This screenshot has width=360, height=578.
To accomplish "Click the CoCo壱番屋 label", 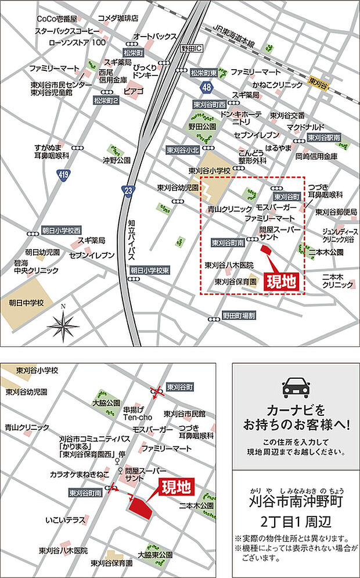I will click(56, 19).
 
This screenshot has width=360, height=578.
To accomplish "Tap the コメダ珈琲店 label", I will click(118, 18).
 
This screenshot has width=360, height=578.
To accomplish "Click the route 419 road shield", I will click(63, 174).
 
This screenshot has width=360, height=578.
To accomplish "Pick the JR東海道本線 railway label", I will click(233, 37).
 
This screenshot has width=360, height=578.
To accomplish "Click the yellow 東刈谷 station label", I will click(319, 83).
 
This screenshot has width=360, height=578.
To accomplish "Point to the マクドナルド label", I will click(305, 126).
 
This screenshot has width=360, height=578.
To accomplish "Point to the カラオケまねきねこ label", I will click(80, 474).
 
